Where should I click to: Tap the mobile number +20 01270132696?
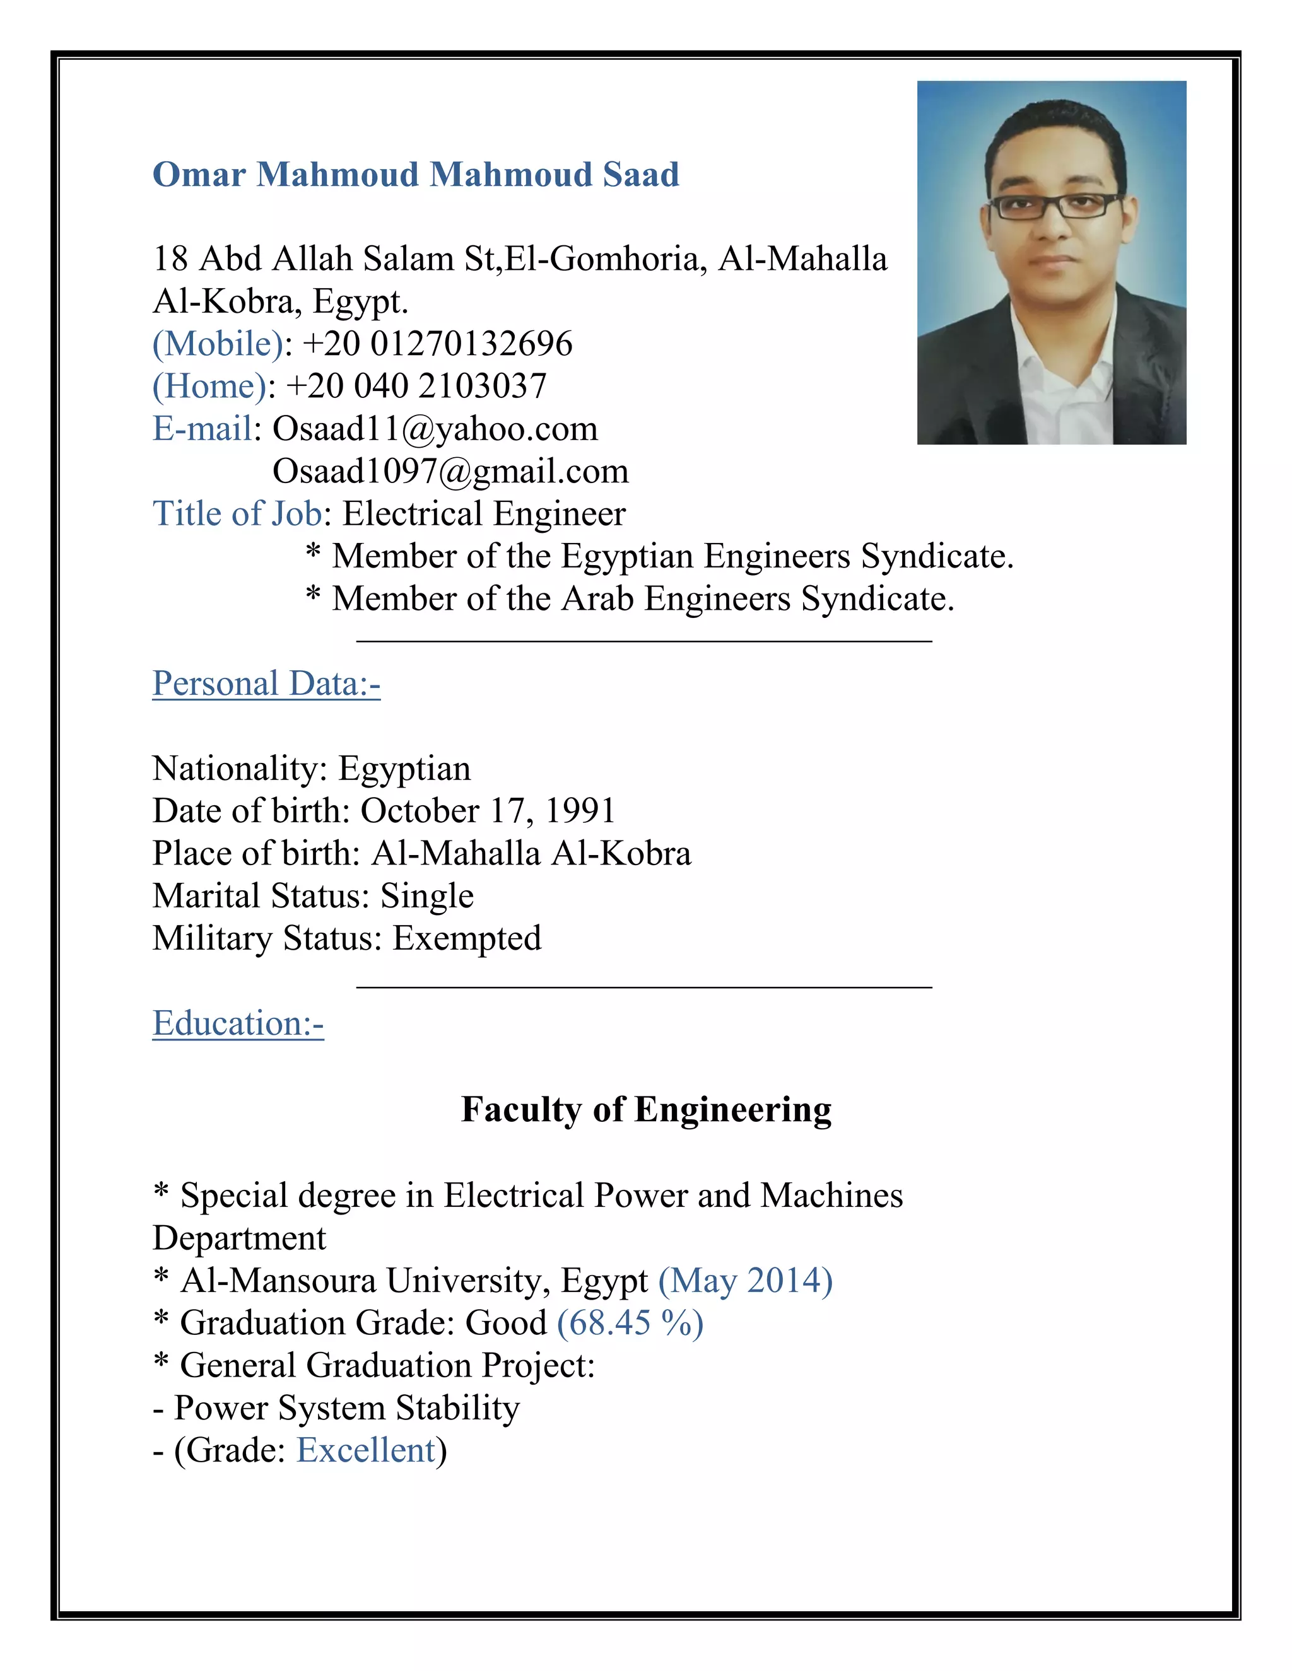[437, 344]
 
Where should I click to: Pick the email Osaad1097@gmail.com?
[450, 471]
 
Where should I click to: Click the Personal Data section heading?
[266, 684]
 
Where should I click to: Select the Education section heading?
[238, 1023]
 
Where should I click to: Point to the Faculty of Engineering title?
[646, 1109]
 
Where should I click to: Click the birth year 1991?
[580, 811]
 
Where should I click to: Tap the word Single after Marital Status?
[427, 896]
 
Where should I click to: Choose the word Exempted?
[467, 939]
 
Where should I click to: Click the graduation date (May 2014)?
[746, 1280]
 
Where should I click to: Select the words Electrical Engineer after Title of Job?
[484, 514]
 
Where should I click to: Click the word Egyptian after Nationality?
[404, 769]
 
